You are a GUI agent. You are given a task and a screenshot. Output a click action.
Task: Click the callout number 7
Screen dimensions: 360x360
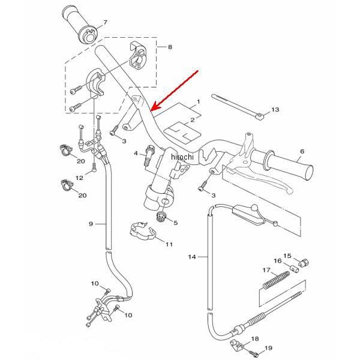pos(106,22)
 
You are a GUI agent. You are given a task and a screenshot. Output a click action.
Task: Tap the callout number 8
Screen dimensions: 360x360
pos(170,46)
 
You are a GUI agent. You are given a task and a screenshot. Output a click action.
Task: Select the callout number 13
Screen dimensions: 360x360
pos(275,110)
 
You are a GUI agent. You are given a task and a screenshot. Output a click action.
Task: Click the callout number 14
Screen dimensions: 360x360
pos(192,257)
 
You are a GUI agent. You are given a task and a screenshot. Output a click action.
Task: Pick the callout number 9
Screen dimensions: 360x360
pos(91,224)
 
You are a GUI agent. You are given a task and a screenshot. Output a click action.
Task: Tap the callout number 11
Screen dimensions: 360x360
pos(169,244)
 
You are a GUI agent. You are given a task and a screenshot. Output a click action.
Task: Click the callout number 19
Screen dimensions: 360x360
pos(268,348)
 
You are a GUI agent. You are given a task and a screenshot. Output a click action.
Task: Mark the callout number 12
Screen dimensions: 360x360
pos(79,178)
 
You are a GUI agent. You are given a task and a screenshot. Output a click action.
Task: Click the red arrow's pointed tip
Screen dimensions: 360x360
pos(151,110)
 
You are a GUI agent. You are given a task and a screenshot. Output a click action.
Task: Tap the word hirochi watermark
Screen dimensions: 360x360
pos(183,157)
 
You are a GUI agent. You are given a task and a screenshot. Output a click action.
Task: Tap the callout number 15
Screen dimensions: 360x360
pos(287,256)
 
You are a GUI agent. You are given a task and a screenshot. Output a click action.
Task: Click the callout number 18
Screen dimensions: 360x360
pos(254,339)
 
